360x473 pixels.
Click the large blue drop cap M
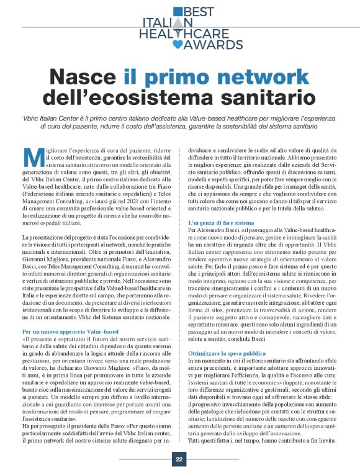[30, 158]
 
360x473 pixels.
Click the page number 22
[179, 460]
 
